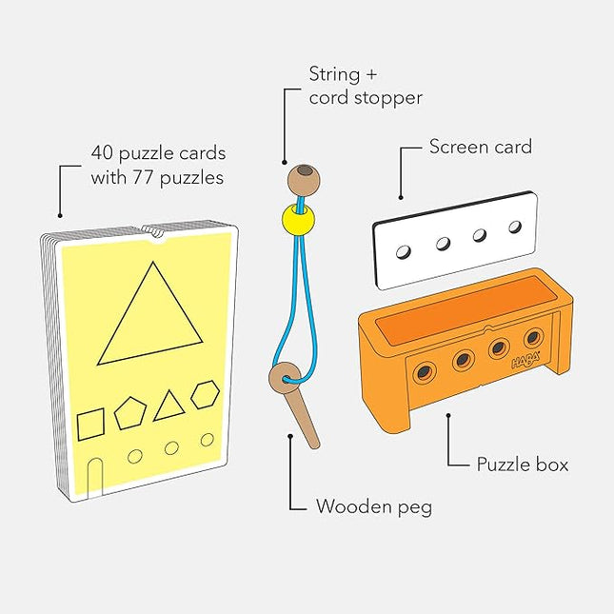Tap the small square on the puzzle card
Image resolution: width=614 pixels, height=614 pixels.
coord(90,423)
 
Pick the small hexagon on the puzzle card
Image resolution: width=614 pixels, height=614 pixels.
coord(205,394)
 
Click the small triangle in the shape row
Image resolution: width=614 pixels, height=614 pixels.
coord(168,407)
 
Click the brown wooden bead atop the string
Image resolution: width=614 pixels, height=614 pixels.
coord(304,178)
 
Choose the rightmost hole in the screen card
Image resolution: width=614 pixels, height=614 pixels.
coord(516,227)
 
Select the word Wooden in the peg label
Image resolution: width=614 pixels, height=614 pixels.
coord(351,506)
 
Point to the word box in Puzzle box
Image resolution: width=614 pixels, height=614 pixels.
coord(550,465)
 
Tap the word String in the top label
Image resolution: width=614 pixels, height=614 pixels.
coord(334,73)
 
